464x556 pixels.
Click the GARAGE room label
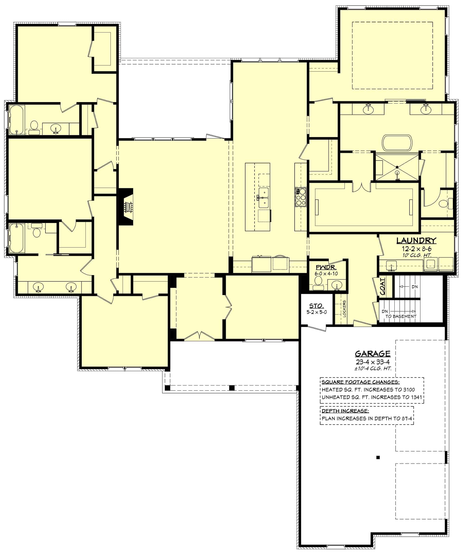(x=372, y=354)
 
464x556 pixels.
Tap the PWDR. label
(x=326, y=267)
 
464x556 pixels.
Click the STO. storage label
(x=316, y=306)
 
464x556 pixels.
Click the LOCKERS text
(x=344, y=309)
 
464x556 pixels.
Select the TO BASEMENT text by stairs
(x=401, y=316)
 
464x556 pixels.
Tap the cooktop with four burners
(x=301, y=197)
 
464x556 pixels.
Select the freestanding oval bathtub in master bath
(x=397, y=143)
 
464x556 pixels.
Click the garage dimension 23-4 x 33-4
(x=372, y=362)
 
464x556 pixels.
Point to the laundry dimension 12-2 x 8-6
(x=416, y=249)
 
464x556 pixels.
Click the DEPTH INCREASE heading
(x=345, y=411)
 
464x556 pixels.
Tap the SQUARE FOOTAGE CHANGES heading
(x=361, y=382)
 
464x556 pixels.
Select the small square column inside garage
(x=378, y=457)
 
